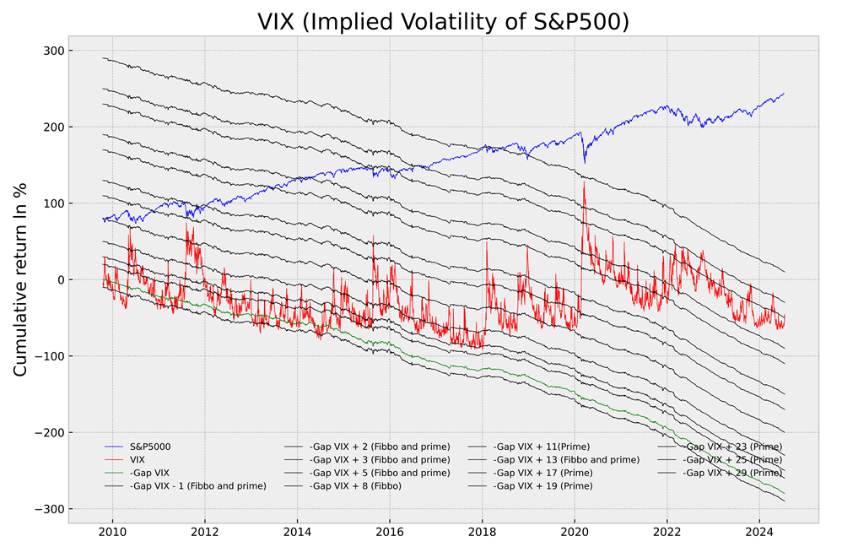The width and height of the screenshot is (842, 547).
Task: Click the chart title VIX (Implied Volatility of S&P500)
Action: point(443,21)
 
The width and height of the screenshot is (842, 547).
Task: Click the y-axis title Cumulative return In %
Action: point(21,279)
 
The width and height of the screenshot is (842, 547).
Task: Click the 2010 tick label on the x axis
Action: point(112,532)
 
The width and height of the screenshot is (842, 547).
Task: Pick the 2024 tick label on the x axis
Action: point(758,532)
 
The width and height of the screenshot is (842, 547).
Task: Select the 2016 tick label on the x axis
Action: point(389,532)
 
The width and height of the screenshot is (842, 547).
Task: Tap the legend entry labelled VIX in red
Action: point(139,459)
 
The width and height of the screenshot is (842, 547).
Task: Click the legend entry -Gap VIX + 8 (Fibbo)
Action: point(354,486)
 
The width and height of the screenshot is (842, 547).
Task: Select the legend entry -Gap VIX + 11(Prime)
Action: point(541,446)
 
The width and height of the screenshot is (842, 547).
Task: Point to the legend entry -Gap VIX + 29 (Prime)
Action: point(732,473)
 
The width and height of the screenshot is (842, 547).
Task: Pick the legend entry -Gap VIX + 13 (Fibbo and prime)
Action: point(566,459)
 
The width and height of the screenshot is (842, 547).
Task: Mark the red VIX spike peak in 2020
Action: point(584,181)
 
